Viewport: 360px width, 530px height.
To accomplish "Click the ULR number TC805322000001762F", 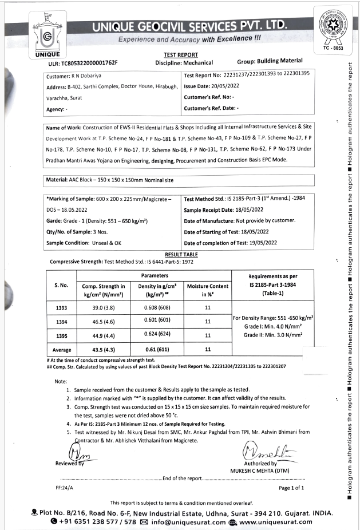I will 82,63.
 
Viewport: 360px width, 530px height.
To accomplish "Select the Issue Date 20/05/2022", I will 211,86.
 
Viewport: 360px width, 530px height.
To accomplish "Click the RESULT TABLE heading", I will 181,254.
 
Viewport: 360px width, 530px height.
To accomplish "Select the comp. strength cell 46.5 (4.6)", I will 103,322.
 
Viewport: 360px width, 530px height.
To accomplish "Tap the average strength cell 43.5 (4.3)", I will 103,349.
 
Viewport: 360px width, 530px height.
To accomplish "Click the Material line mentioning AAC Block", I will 109,180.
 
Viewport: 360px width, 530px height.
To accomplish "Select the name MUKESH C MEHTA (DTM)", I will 260,470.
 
